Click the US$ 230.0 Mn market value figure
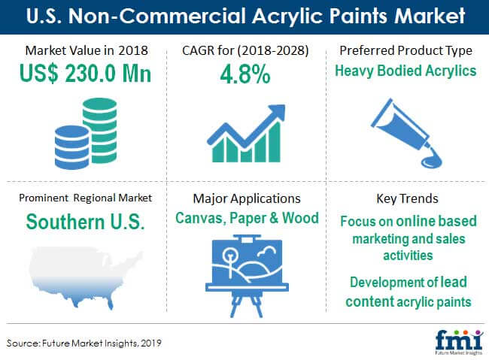tap(85, 74)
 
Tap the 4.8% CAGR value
tap(245, 74)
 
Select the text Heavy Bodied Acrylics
tap(405, 71)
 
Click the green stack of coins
tap(100, 131)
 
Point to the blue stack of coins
tap(71, 147)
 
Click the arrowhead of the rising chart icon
tap(276, 112)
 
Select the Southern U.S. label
tap(86, 222)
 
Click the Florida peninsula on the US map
tap(110, 302)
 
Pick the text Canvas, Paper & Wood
tap(247, 218)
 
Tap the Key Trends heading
tap(407, 198)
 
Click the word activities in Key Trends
tap(408, 256)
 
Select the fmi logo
tap(459, 341)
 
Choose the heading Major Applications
tap(247, 198)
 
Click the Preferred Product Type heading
tap(405, 50)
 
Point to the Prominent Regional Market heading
tap(86, 198)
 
